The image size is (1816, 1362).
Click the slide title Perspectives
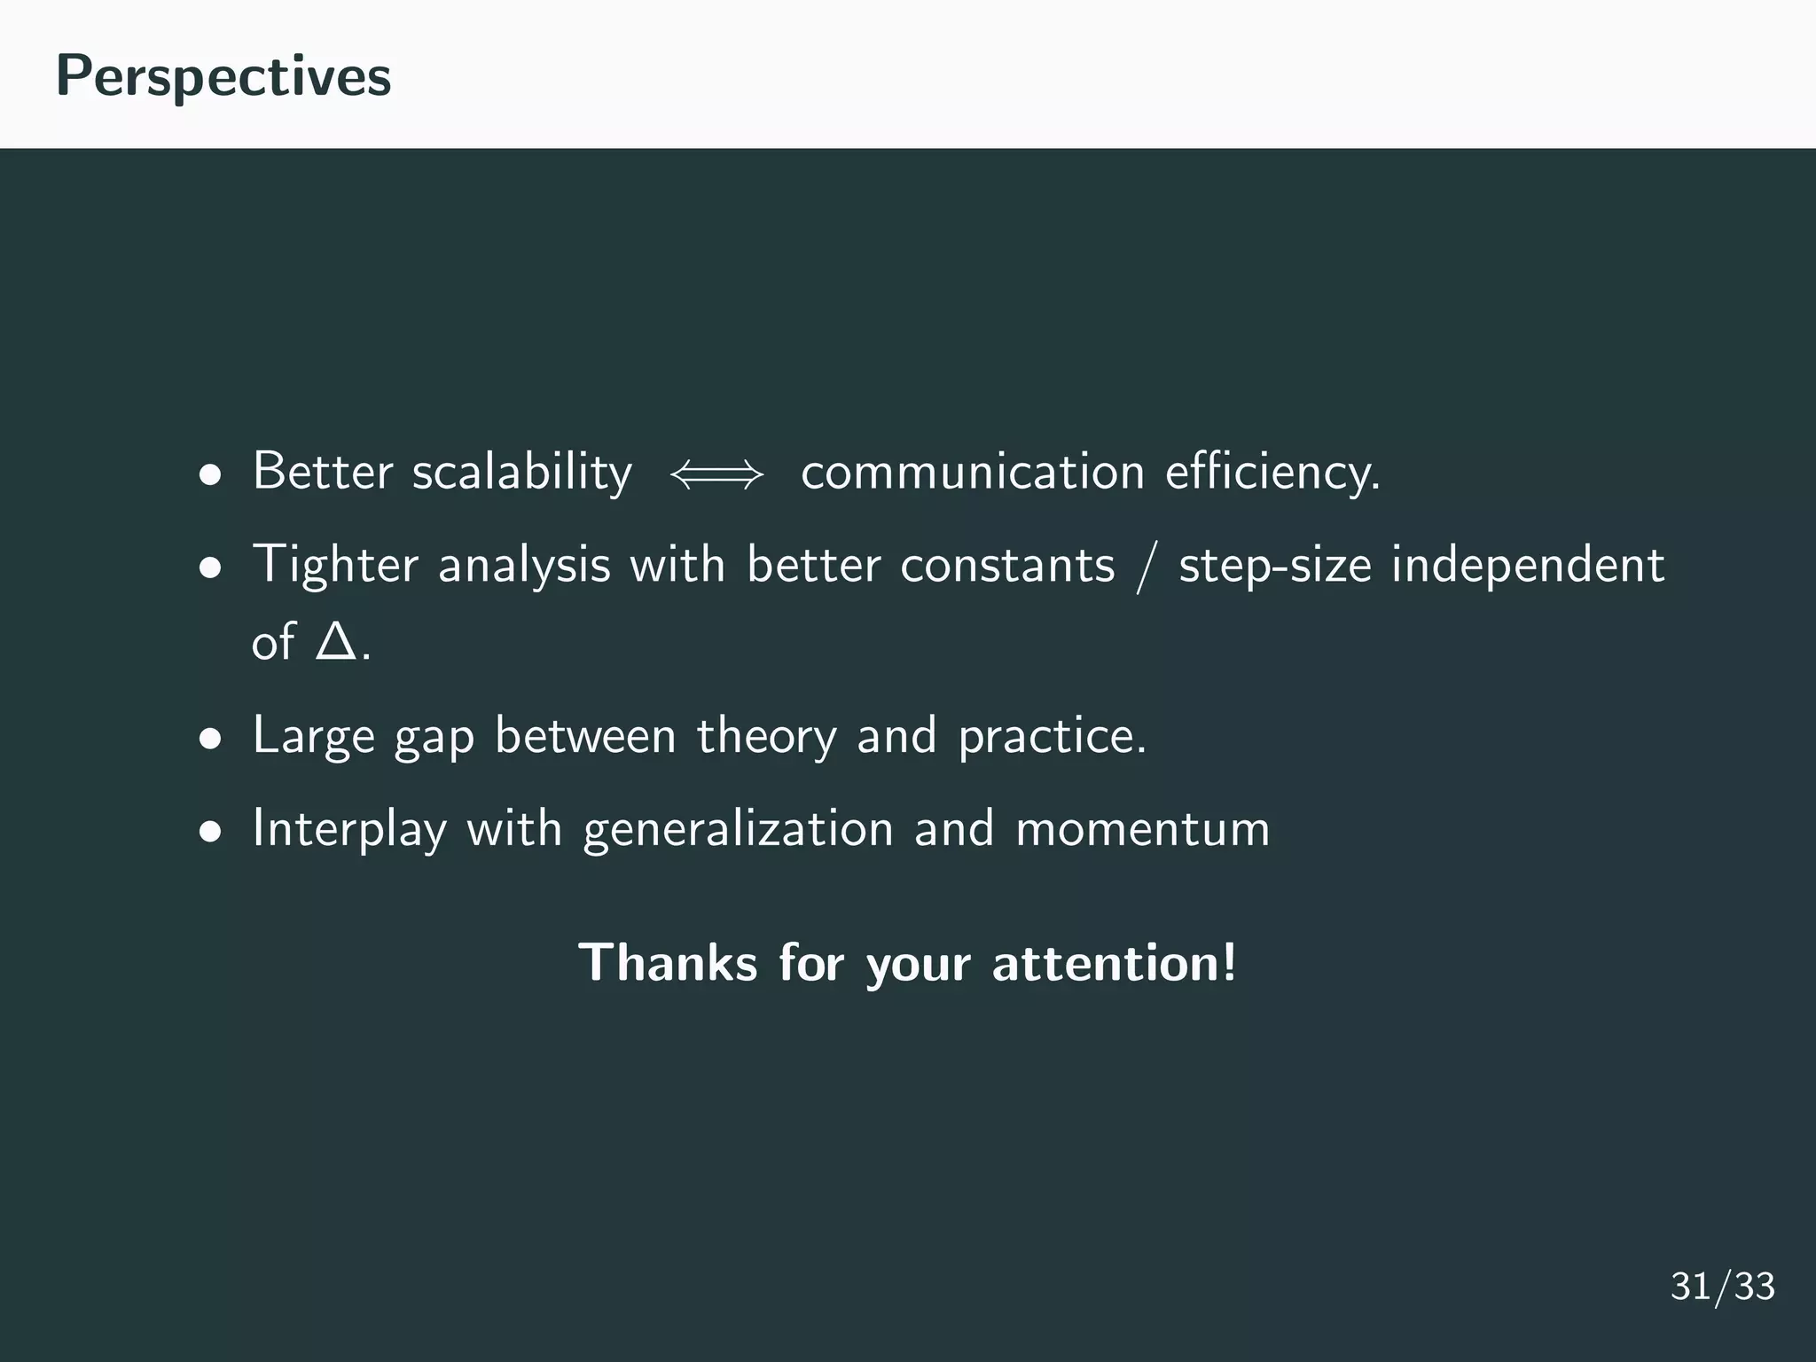[x=223, y=76]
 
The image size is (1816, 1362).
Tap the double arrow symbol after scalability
[x=716, y=475]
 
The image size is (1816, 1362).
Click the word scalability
[x=522, y=472]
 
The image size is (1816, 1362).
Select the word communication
[x=973, y=472]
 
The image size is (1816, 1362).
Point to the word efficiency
[x=1272, y=472]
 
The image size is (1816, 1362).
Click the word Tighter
[x=335, y=566]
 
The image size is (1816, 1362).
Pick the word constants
[x=1007, y=566]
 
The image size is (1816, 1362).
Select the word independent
[x=1527, y=566]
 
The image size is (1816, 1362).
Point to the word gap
[x=434, y=737]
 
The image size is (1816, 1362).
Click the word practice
[x=1052, y=737]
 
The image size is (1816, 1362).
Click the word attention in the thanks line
[x=1114, y=963]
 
